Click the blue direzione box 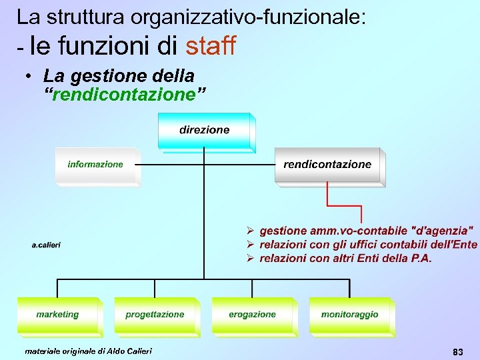click(x=204, y=131)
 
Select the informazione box click(x=95, y=165)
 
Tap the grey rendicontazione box click(x=327, y=165)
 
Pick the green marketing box click(x=57, y=315)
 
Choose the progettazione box click(x=155, y=315)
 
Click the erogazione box click(x=252, y=315)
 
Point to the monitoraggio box click(x=349, y=315)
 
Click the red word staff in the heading click(x=211, y=46)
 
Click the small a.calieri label click(x=47, y=245)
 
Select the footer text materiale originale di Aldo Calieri click(x=88, y=351)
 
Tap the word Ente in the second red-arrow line click(x=464, y=244)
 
